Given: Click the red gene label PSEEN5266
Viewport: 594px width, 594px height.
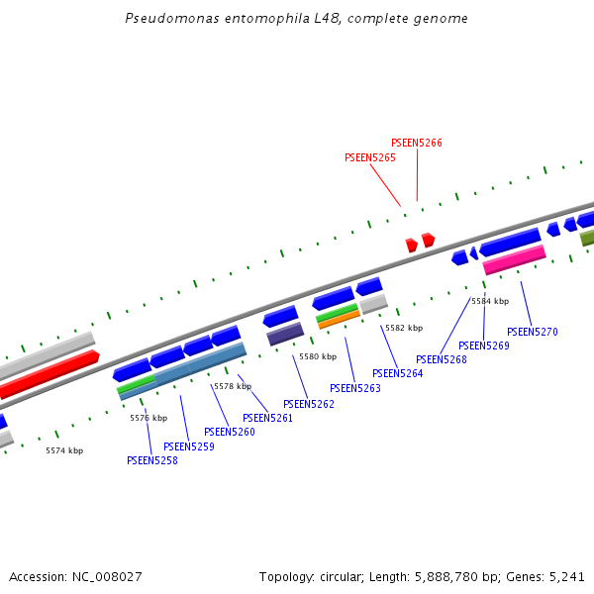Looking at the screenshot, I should click(x=417, y=143).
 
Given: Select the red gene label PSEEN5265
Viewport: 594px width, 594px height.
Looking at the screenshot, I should click(x=370, y=157).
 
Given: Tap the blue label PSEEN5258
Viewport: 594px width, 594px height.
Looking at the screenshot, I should click(x=152, y=460).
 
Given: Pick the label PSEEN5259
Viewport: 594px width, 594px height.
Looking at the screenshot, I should click(x=189, y=446).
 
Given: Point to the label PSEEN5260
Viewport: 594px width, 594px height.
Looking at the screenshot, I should click(x=230, y=432).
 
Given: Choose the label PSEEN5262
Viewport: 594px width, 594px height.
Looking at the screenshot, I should click(x=309, y=404).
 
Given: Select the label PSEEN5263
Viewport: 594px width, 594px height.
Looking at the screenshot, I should click(x=355, y=388).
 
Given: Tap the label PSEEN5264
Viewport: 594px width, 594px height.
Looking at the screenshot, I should click(x=398, y=373).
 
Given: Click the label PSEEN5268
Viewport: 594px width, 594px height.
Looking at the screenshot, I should click(x=442, y=359).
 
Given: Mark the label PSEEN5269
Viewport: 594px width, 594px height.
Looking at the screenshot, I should click(x=484, y=346).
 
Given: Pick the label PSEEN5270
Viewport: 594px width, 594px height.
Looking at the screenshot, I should click(x=533, y=332).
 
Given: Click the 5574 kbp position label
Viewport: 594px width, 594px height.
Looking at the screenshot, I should click(x=64, y=450).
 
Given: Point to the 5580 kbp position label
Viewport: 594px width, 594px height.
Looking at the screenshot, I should click(x=318, y=356).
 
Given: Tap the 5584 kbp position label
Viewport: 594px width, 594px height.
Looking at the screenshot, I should click(x=489, y=301).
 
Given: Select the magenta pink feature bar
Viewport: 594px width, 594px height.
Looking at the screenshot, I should click(x=514, y=259).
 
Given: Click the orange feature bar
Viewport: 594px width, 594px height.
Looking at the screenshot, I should click(x=340, y=319).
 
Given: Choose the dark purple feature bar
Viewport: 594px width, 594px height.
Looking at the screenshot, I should click(x=285, y=334).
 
